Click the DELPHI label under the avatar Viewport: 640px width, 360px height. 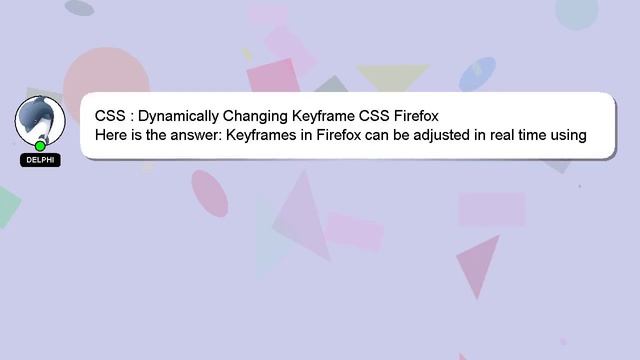pyautogui.click(x=40, y=160)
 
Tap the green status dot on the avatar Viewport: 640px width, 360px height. pyautogui.click(x=41, y=146)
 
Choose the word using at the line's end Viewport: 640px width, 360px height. pyautogui.click(x=567, y=135)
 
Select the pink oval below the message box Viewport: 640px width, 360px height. pyautogui.click(x=209, y=193)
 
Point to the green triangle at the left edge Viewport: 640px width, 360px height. pyautogui.click(x=6, y=205)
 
